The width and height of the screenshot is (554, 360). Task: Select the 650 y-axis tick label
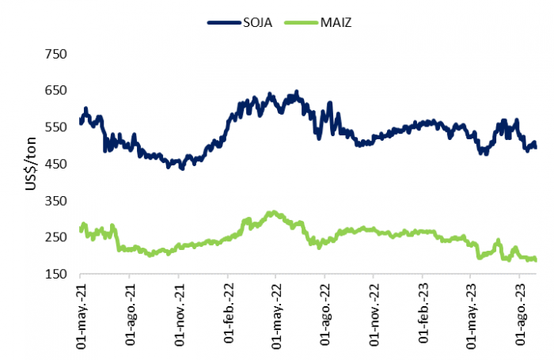56,90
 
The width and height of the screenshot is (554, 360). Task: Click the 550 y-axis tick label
56,127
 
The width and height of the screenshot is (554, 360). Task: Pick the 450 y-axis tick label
56,164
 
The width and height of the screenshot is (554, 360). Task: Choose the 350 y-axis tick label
56,201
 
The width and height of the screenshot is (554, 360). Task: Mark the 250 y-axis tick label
56,237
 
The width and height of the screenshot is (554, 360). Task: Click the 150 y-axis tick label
56,275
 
